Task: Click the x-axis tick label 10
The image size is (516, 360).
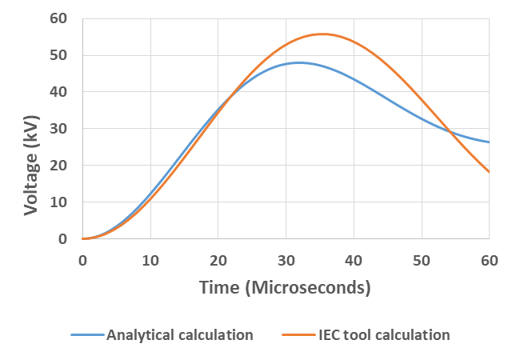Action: pyautogui.click(x=150, y=260)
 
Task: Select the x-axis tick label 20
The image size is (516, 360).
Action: pyautogui.click(x=218, y=260)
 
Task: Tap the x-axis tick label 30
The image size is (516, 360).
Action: pyautogui.click(x=286, y=260)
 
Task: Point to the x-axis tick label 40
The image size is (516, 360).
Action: pyautogui.click(x=354, y=260)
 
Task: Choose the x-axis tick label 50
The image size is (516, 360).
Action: pyautogui.click(x=422, y=260)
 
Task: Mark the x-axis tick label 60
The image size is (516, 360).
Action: pyautogui.click(x=489, y=260)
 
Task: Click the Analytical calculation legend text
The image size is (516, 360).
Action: pyautogui.click(x=180, y=335)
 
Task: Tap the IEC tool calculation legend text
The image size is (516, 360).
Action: pyautogui.click(x=380, y=335)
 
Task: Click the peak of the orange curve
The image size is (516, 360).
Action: pyautogui.click(x=322, y=34)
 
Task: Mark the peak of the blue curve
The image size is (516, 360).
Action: pyautogui.click(x=299, y=62)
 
